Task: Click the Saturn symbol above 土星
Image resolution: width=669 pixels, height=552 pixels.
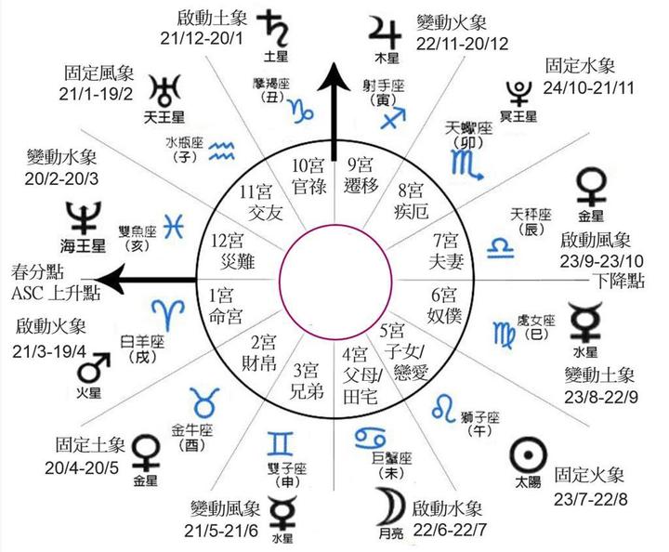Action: pos(276,24)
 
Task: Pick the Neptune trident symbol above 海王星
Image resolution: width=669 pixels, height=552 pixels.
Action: pos(84,217)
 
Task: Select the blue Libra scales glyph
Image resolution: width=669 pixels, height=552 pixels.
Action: pos(502,245)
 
